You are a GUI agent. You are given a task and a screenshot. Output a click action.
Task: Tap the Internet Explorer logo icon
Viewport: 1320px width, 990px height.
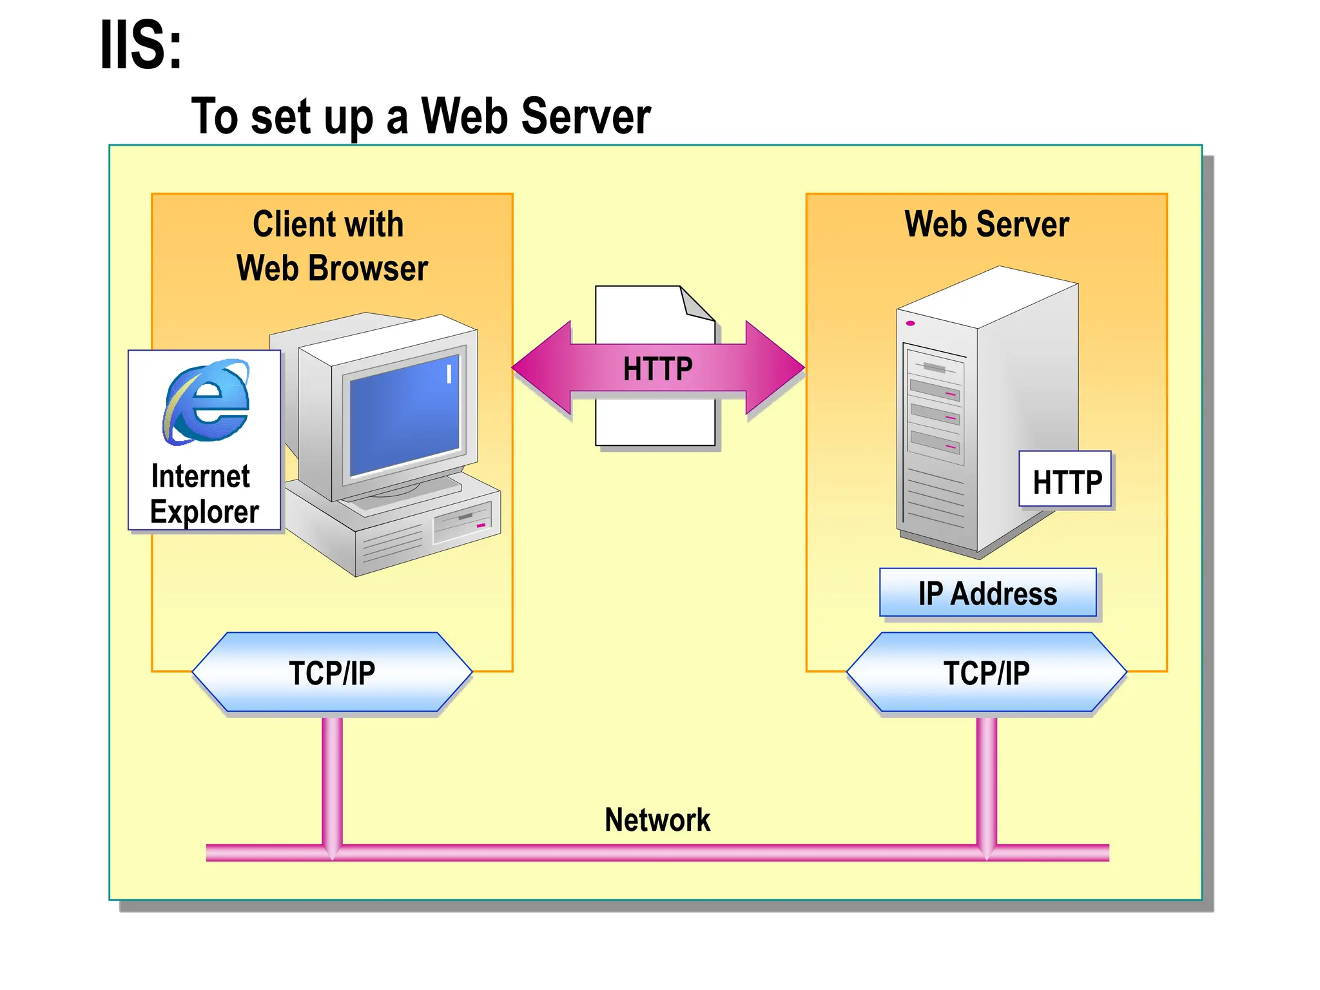206,402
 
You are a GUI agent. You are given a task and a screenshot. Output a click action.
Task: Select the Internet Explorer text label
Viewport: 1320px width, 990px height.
204,494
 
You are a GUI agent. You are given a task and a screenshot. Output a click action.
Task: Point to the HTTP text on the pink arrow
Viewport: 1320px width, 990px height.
657,369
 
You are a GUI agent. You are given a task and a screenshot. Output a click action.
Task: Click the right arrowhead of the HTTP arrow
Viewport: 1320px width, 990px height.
773,367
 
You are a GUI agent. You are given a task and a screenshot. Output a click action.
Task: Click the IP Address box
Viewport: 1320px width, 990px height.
987,593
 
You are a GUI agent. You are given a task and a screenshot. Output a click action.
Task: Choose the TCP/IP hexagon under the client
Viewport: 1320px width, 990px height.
332,672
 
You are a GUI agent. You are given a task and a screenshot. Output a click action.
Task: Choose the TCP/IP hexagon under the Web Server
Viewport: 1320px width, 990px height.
986,672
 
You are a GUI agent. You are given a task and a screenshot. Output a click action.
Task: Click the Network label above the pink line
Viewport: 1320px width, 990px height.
657,820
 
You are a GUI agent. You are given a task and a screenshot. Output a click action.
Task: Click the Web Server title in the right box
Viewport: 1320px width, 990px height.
986,224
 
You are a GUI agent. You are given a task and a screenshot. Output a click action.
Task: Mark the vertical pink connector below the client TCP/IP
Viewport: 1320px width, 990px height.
332,780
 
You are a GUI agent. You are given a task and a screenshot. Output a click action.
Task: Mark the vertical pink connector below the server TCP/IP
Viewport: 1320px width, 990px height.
986,780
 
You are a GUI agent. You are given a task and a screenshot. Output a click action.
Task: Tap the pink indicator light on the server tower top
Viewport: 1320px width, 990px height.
910,323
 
